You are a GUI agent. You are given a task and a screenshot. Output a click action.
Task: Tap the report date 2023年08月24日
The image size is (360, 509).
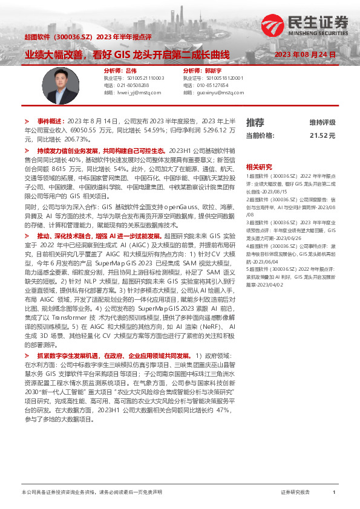point(305,54)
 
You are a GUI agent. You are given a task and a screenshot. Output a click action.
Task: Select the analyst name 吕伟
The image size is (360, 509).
point(131,71)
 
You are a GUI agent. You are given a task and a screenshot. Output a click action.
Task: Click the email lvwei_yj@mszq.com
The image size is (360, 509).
point(139,92)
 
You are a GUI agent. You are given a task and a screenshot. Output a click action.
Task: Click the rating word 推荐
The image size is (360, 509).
point(255,122)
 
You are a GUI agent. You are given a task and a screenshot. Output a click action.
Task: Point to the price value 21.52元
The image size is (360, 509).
point(322,135)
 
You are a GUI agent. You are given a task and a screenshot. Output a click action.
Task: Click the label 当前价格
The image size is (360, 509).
point(260,135)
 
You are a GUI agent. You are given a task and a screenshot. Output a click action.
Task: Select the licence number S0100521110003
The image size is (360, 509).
point(142,78)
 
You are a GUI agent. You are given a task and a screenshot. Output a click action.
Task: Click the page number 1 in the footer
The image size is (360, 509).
point(334,493)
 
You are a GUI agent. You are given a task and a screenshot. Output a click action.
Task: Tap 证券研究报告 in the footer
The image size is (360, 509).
point(296,493)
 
